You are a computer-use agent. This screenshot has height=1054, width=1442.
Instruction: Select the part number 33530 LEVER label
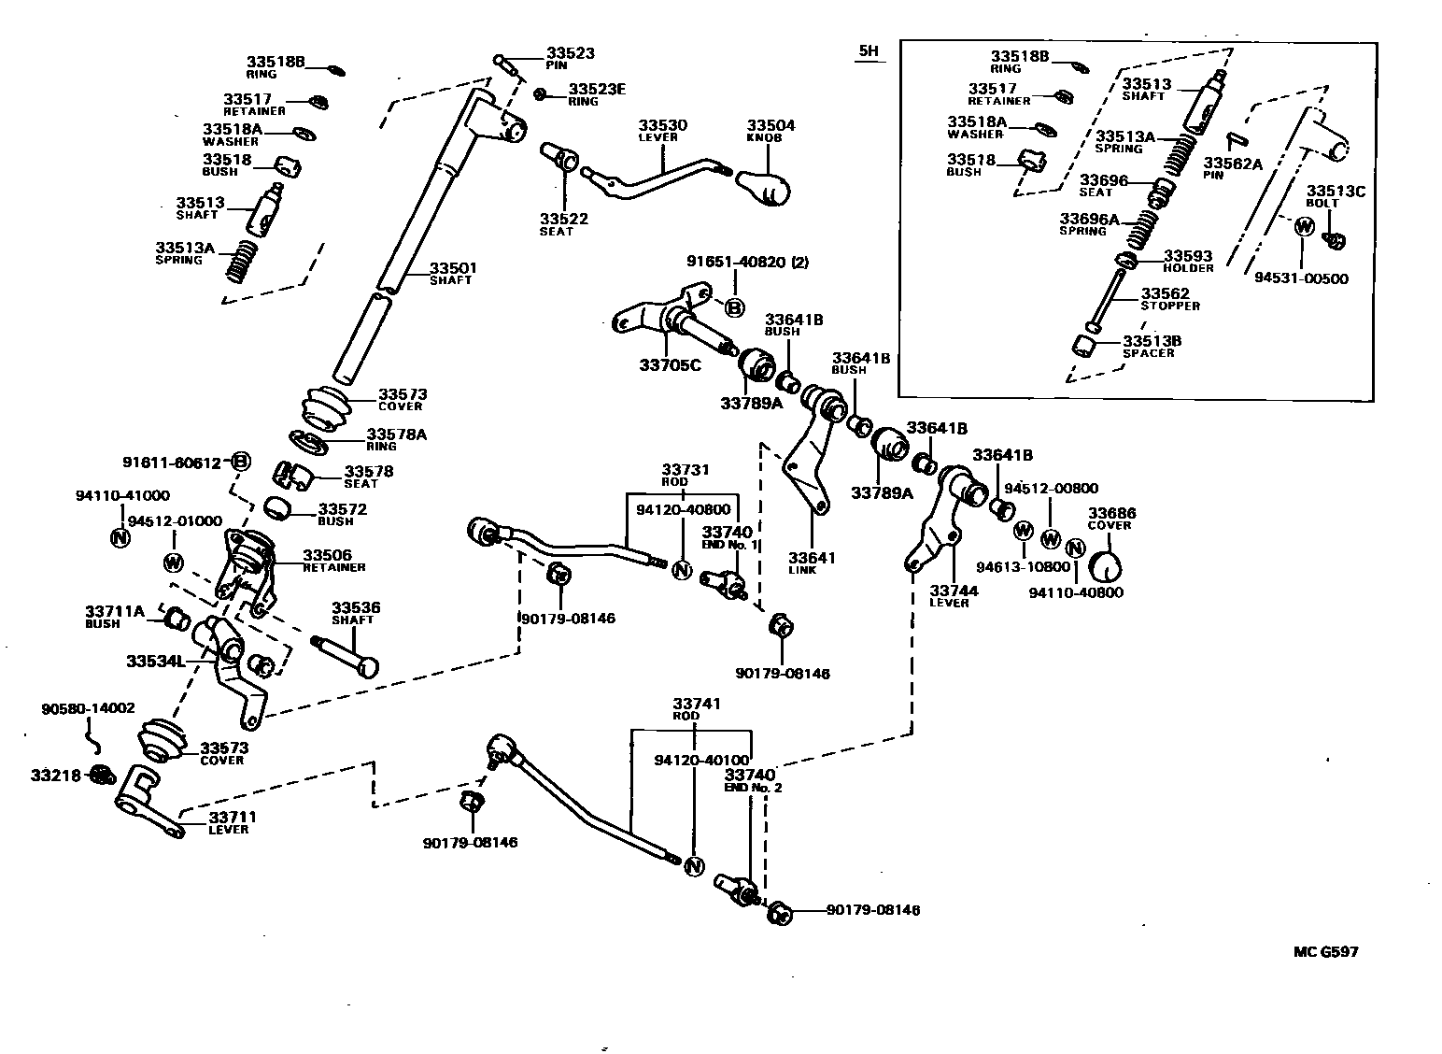click(662, 130)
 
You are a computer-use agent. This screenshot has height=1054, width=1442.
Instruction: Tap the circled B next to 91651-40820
click(734, 307)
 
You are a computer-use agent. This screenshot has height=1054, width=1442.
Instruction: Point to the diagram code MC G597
click(1325, 952)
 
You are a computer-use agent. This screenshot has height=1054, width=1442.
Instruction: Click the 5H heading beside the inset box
click(869, 51)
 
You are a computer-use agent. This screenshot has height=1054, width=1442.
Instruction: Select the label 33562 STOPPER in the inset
click(1169, 299)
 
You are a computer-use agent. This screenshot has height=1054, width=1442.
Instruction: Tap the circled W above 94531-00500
click(1305, 225)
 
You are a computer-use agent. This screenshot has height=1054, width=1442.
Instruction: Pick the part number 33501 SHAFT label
click(453, 273)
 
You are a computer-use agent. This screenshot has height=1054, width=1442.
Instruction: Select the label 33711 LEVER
click(232, 822)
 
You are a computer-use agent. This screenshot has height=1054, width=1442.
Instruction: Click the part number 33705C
click(670, 364)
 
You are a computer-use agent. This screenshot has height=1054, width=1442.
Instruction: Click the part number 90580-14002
click(88, 708)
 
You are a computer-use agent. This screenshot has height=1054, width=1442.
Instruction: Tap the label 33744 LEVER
click(954, 595)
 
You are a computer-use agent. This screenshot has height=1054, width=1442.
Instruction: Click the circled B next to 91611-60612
click(241, 462)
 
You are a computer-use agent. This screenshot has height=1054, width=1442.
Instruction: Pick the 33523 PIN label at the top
click(570, 59)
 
